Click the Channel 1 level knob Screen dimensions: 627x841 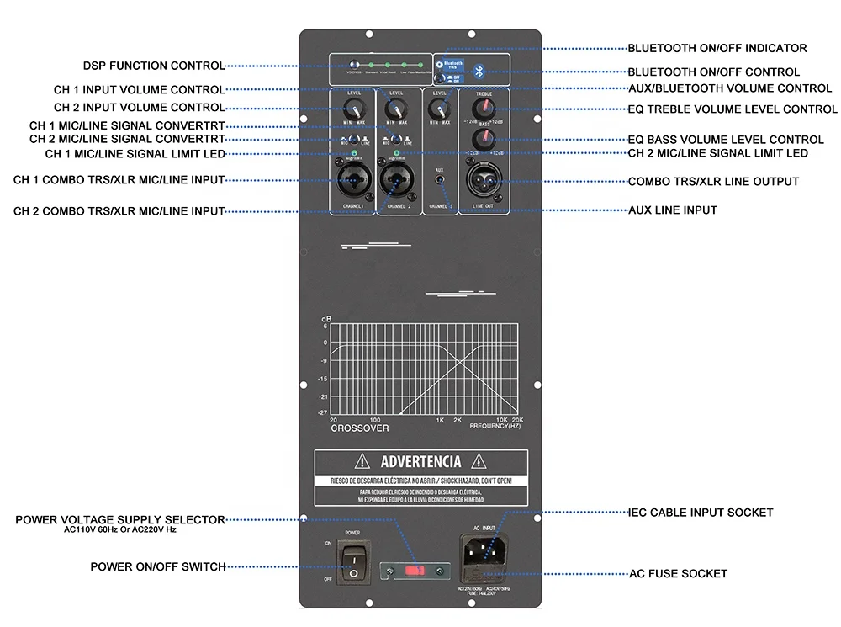click(354, 110)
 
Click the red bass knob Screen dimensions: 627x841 click(482, 138)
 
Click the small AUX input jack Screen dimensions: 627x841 click(439, 181)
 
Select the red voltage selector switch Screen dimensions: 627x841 click(414, 571)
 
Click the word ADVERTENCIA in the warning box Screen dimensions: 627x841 click(420, 461)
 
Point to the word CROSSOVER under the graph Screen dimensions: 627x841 click(359, 428)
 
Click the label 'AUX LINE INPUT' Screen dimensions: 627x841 click(672, 210)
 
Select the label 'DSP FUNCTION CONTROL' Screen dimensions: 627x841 click(154, 66)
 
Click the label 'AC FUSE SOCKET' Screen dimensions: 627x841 click(678, 574)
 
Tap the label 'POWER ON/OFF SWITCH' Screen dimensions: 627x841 click(158, 567)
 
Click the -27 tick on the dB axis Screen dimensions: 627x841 click(323, 412)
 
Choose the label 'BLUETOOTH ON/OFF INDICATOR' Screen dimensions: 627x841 click(717, 48)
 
